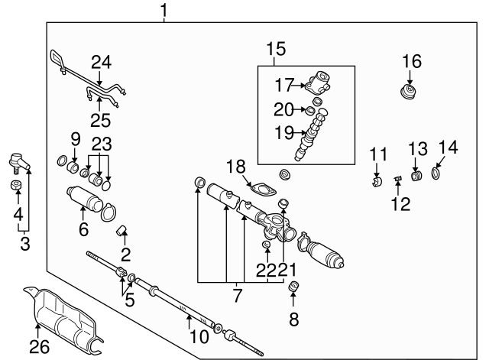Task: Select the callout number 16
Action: pos(411,61)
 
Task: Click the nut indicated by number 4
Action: pos(16,185)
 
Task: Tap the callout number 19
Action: pos(284,132)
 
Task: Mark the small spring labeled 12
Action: pos(397,180)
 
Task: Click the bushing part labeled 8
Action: pos(293,288)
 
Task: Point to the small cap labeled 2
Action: pos(120,231)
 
